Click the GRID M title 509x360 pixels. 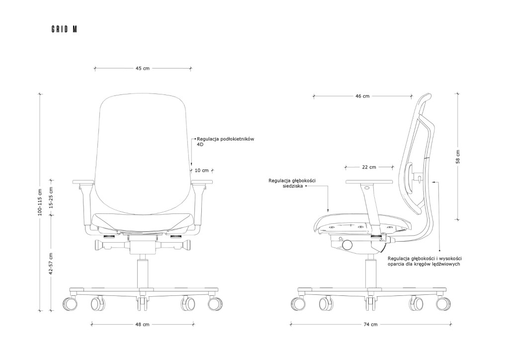(64, 29)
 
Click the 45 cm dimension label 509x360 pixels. (143, 69)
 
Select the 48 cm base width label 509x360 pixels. (143, 324)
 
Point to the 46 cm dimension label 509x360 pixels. (362, 96)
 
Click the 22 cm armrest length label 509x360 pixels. (369, 167)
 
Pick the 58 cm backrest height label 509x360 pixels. (458, 157)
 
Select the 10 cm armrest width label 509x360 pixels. (202, 170)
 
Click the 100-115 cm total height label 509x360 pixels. (40, 202)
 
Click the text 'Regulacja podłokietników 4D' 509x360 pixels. (226, 142)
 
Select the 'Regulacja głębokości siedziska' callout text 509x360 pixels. (292, 183)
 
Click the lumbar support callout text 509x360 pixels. (424, 262)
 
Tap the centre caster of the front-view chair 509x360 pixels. (141, 304)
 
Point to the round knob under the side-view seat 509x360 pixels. (347, 245)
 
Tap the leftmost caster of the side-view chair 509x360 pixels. (298, 304)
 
